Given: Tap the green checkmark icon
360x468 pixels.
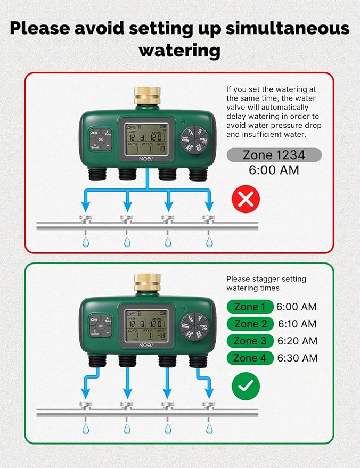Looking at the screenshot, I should [x=246, y=385].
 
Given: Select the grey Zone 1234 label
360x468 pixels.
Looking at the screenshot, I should [x=274, y=155].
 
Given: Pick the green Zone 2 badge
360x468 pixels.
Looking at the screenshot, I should [x=250, y=324].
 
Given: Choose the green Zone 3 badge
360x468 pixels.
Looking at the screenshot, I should [x=250, y=341].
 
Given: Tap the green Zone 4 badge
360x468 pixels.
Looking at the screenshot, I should [x=250, y=358].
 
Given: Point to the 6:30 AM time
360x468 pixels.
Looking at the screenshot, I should [x=298, y=358].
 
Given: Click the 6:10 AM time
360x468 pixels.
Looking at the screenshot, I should [x=297, y=324].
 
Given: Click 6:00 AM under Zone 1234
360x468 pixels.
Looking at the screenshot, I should [x=274, y=170].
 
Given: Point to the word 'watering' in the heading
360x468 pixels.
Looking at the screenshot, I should [x=179, y=50].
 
